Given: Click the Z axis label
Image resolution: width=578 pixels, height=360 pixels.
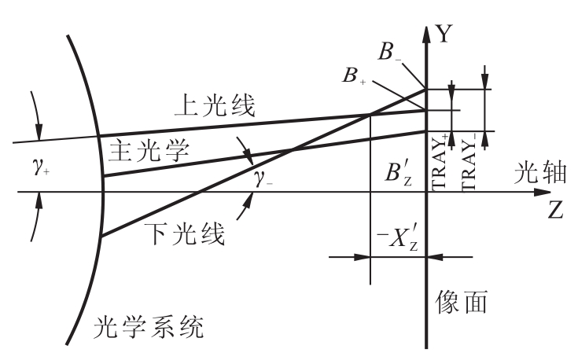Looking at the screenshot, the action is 555,211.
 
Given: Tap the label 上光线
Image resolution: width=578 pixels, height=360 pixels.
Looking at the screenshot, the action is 215,106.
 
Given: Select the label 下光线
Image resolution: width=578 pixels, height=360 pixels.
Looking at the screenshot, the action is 184,233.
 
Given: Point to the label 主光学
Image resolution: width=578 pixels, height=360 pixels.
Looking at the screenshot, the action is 149,150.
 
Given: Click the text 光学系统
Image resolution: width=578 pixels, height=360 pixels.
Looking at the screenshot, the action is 148,327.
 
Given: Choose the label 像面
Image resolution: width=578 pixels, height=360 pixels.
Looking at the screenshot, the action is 462,301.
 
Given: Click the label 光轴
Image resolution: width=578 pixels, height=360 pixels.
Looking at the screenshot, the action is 540,172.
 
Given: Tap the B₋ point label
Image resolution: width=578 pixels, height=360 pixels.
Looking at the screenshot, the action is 389,52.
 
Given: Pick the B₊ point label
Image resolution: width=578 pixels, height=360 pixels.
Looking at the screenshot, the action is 354,75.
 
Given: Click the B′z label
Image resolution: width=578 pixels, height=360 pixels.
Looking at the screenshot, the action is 398,174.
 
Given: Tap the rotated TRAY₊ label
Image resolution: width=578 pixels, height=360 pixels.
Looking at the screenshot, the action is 440,163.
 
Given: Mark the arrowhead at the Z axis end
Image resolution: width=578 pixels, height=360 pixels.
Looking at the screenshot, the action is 543,192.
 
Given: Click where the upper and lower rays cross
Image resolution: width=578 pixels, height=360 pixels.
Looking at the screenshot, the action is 370,115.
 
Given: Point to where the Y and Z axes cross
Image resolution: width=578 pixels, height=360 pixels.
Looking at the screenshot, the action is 426,192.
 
